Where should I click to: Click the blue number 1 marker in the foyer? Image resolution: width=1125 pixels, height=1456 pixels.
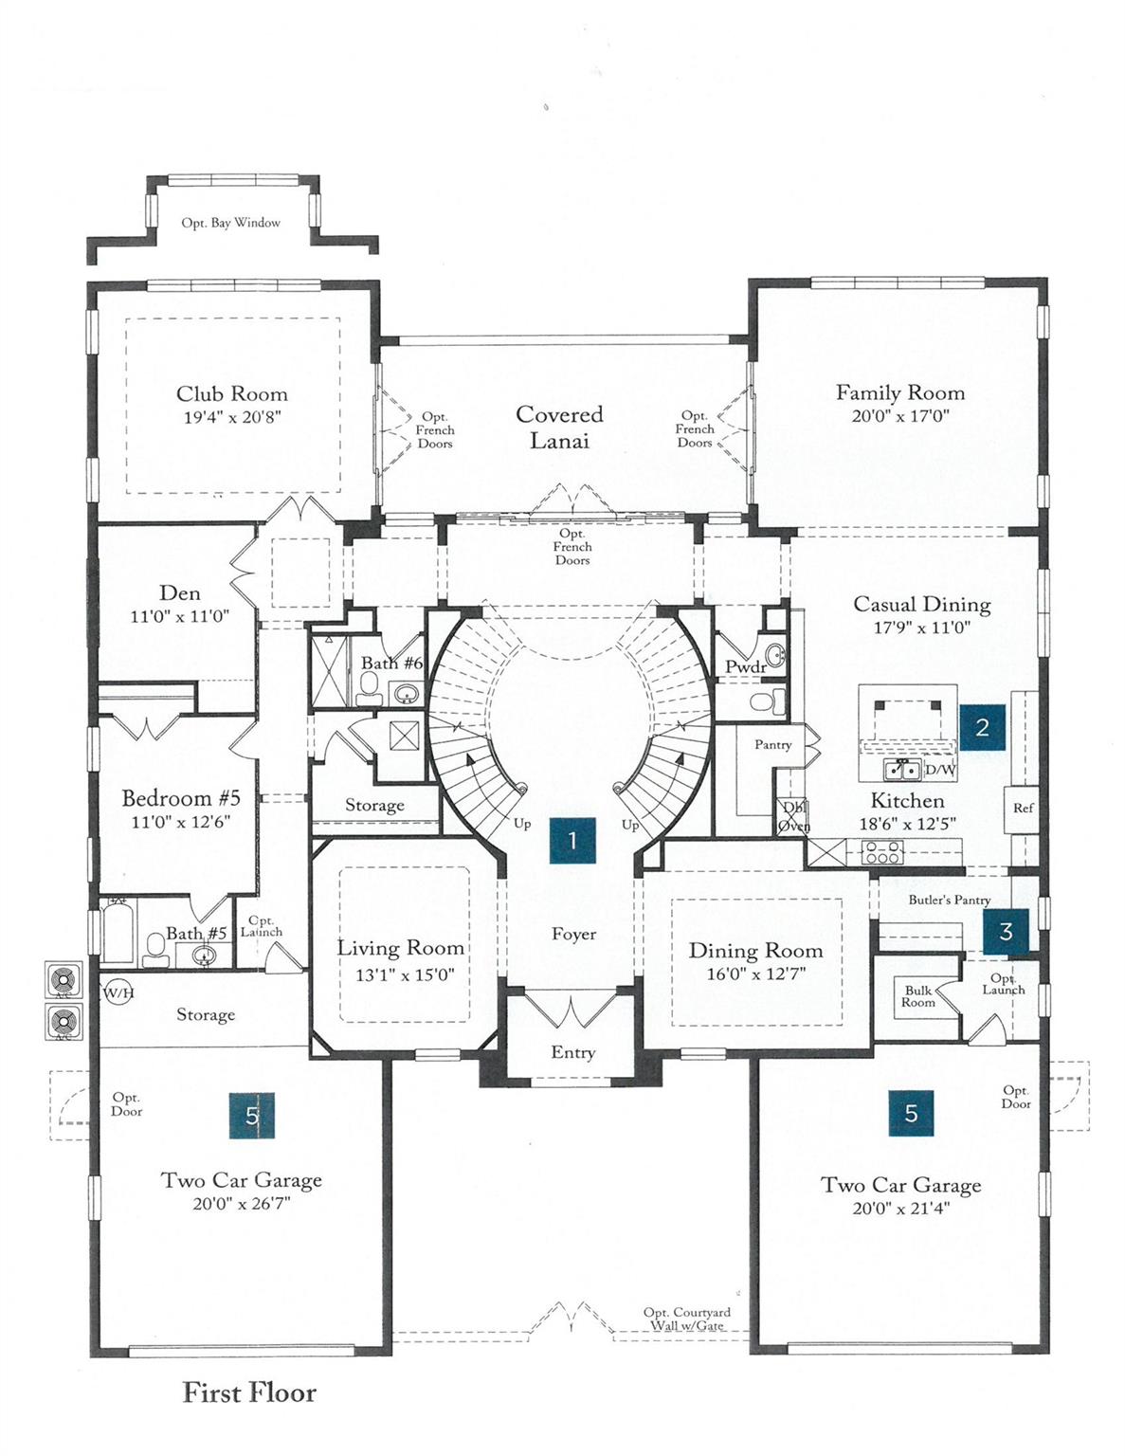(x=572, y=840)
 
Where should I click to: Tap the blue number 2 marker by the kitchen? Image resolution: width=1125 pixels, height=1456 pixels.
(x=982, y=727)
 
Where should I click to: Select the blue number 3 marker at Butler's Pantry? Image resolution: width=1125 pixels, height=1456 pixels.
(x=1006, y=932)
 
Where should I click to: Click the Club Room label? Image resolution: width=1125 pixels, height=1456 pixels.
(x=232, y=394)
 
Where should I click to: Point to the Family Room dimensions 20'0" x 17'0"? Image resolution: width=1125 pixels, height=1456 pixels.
(x=900, y=416)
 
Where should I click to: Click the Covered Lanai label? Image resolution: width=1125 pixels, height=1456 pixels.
(x=559, y=428)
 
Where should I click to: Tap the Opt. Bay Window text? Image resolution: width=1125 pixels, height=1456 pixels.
(x=231, y=223)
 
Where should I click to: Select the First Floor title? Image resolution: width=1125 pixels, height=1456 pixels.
(x=249, y=1392)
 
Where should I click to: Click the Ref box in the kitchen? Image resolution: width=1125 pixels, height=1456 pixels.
(x=1024, y=809)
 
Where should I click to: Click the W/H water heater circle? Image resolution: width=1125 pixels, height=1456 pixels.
(x=118, y=992)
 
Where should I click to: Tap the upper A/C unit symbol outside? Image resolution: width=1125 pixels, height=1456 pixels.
(x=64, y=979)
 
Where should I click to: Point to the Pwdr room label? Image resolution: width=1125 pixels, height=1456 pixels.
(x=745, y=667)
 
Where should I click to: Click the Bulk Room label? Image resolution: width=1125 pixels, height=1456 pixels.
(x=917, y=996)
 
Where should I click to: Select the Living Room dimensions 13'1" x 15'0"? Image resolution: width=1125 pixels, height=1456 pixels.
(x=400, y=974)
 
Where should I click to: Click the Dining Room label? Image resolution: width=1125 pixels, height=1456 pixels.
(x=755, y=951)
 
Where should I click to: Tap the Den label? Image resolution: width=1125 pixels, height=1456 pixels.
(x=180, y=593)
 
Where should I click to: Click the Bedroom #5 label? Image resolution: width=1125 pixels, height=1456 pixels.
(x=181, y=798)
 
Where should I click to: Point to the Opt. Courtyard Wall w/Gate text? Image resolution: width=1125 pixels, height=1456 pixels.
(x=687, y=1319)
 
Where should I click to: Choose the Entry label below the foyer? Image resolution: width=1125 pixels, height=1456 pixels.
(x=573, y=1052)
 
